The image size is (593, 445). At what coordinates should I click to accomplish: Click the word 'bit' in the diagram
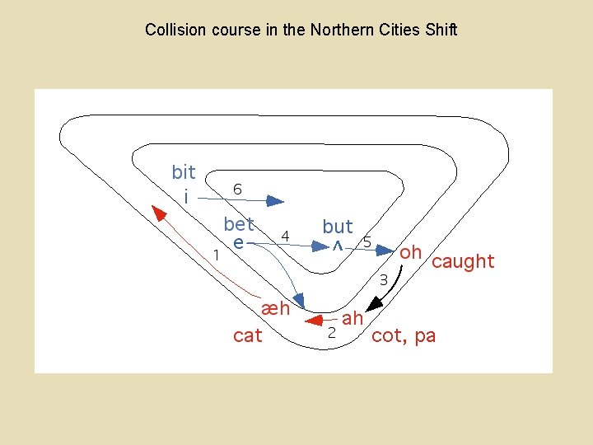[x=183, y=172]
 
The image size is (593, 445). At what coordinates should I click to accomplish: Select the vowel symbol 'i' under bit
[x=186, y=197]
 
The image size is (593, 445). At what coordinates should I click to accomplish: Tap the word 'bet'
[x=239, y=223]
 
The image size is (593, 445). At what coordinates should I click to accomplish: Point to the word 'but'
[x=338, y=226]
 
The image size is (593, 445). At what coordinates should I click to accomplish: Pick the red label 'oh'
[x=410, y=252]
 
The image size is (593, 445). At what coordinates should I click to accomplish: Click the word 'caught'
[x=463, y=262]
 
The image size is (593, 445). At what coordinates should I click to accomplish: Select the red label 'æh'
[x=275, y=309]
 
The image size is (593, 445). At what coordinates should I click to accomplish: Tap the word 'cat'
[x=248, y=335]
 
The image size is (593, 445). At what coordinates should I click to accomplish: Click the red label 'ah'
[x=353, y=318]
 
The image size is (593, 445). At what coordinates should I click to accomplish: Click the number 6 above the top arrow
[x=237, y=189]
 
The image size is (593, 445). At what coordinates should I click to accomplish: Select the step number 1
[x=216, y=255]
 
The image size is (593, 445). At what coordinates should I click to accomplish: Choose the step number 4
[x=285, y=236]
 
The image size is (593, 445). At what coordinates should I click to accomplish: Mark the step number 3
[x=383, y=280]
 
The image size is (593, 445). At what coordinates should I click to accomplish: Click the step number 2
[x=331, y=333]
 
